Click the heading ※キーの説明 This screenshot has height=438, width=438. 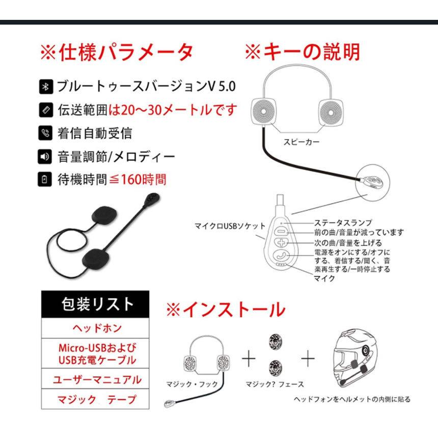[302, 52]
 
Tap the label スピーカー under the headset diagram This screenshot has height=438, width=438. [302, 143]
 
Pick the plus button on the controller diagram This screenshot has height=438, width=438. [283, 243]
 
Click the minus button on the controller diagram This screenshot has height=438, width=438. [283, 231]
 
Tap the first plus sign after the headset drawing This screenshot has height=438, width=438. [248, 360]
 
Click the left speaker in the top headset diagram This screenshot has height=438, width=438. [266, 108]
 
